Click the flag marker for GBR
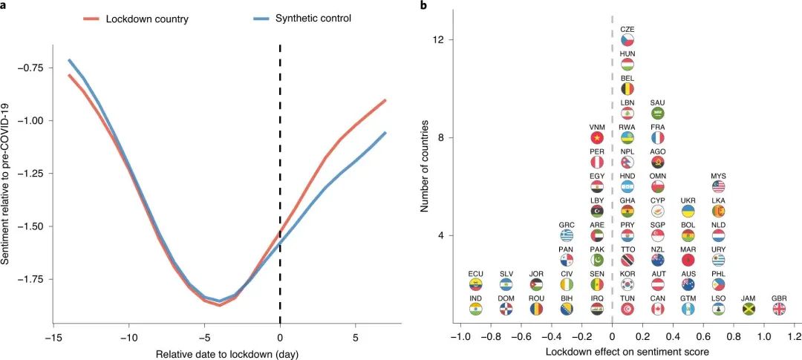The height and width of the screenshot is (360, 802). pyautogui.click(x=779, y=309)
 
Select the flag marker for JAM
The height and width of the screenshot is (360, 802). pyautogui.click(x=749, y=309)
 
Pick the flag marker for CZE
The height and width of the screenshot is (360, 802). pyautogui.click(x=627, y=39)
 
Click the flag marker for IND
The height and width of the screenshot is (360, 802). pyautogui.click(x=476, y=309)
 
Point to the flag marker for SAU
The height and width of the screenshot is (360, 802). pyautogui.click(x=657, y=113)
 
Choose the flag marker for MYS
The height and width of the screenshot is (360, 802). pyautogui.click(x=718, y=186)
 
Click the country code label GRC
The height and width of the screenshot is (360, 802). pyautogui.click(x=567, y=225)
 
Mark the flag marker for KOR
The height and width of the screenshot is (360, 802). pyautogui.click(x=627, y=284)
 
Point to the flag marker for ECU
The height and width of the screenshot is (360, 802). pyautogui.click(x=476, y=284)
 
